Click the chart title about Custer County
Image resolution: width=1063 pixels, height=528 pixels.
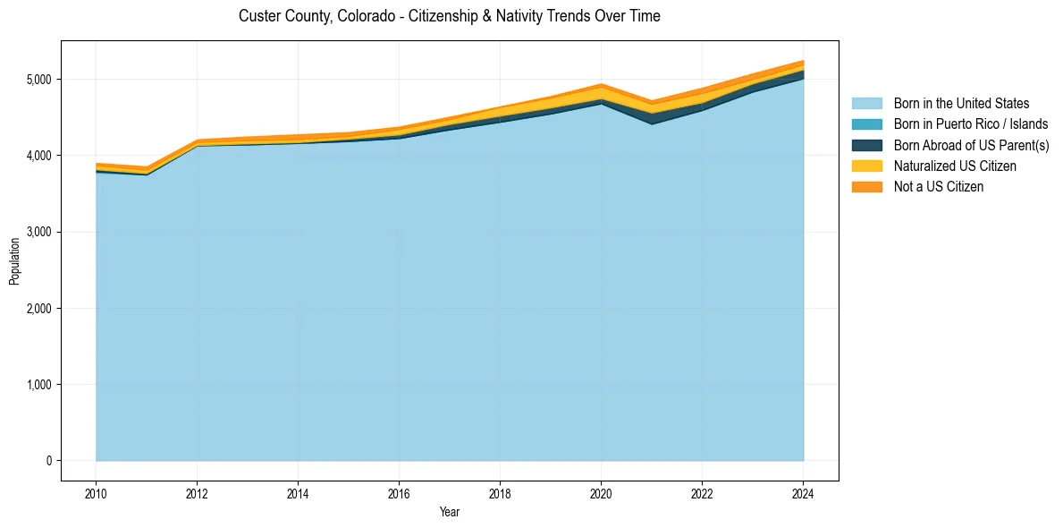coord(449,16)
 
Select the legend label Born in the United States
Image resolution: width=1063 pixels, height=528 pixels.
coord(961,104)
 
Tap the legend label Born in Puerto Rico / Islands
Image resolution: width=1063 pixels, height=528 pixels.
coord(970,124)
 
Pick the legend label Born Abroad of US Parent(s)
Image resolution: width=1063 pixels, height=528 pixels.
coord(971,145)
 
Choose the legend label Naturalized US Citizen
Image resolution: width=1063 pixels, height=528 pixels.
coord(955,166)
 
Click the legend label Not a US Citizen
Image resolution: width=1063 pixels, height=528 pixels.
coord(938,187)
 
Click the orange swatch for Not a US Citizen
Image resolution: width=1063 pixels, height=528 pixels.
coord(866,187)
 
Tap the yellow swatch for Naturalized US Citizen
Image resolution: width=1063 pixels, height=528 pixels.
coord(866,166)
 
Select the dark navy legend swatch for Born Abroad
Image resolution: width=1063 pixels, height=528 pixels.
coord(866,145)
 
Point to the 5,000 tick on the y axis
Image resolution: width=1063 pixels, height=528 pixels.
coord(39,80)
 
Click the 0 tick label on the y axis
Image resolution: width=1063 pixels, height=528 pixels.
coord(48,461)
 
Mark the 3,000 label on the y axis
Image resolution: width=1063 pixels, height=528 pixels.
coord(39,232)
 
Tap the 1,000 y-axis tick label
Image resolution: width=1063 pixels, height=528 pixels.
coord(39,385)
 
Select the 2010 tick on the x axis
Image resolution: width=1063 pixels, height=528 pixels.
coord(96,492)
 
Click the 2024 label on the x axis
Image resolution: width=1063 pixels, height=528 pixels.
coord(803,492)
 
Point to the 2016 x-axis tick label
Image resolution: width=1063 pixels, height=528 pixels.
coord(399,492)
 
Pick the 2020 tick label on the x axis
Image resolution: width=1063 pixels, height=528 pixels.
coord(601,492)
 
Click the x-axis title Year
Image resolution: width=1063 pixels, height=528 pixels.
coord(449,512)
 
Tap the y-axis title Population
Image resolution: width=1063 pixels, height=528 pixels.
coord(14,261)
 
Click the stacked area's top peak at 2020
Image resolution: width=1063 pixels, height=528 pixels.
coord(601,85)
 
